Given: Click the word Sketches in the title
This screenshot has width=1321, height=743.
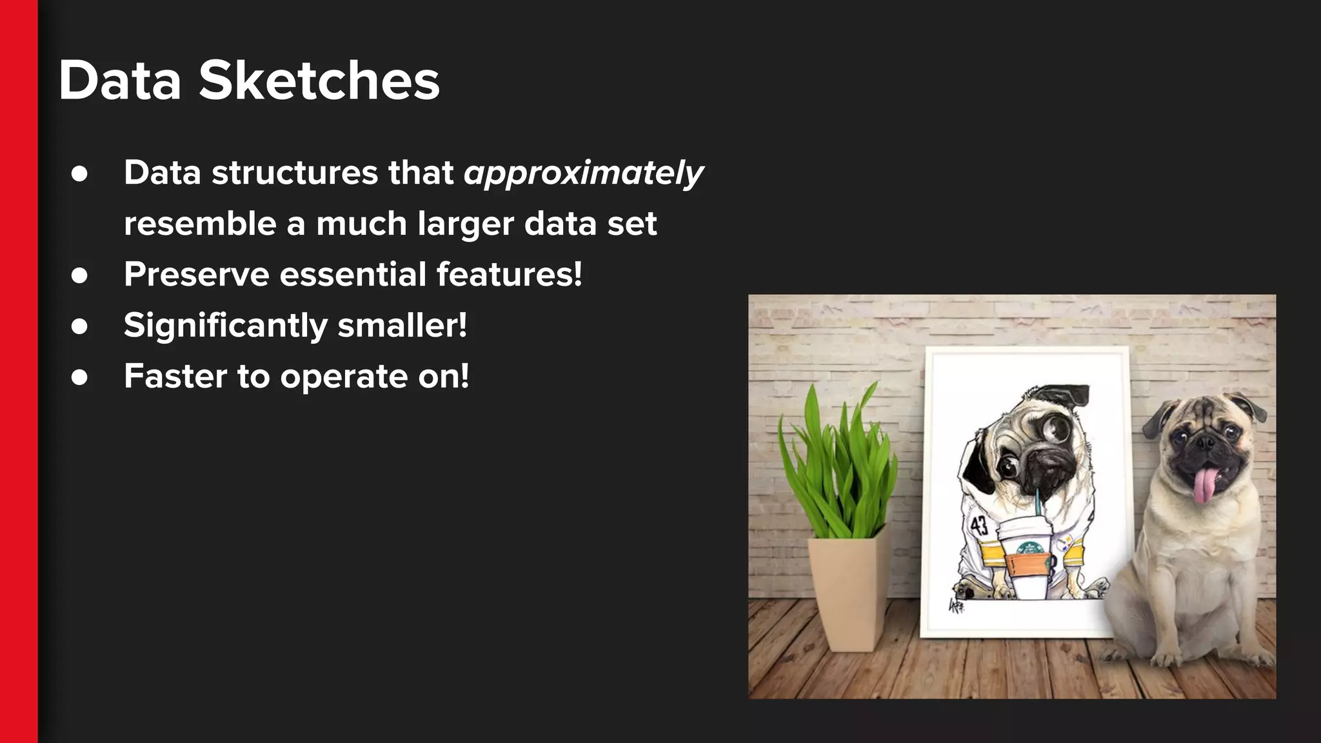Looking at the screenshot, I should pyautogui.click(x=319, y=81).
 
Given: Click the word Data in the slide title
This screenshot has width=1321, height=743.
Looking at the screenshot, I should pyautogui.click(x=120, y=81).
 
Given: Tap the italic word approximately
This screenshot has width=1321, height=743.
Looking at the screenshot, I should pyautogui.click(x=583, y=173).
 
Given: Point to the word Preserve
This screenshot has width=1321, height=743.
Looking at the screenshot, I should pyautogui.click(x=196, y=274).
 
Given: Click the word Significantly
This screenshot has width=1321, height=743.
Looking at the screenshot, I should pyautogui.click(x=225, y=325).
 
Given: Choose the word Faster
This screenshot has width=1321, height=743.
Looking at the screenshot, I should pyautogui.click(x=175, y=376).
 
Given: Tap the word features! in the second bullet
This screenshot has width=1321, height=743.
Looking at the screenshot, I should pyautogui.click(x=509, y=274).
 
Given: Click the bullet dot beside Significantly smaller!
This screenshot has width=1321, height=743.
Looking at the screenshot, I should pyautogui.click(x=79, y=326).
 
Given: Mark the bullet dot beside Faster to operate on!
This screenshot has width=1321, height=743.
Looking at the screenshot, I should pyautogui.click(x=79, y=377).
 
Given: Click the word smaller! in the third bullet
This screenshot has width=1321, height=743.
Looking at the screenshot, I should pyautogui.click(x=402, y=325).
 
